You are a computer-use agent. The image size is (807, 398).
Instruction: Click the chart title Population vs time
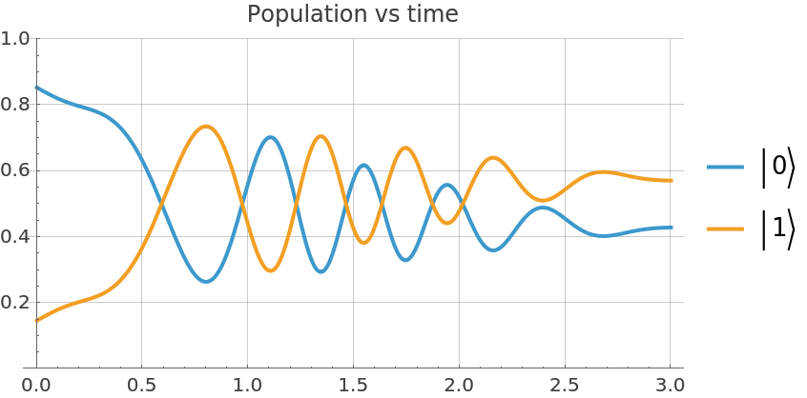[352, 14]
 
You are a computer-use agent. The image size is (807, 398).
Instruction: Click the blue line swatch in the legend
[725, 168]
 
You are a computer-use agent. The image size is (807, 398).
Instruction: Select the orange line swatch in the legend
[725, 229]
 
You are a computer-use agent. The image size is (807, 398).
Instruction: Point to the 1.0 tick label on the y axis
[15, 39]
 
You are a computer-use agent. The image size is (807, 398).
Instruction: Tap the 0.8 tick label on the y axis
[15, 105]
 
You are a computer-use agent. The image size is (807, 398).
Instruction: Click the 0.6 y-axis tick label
[15, 170]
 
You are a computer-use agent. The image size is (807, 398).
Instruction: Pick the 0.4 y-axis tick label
[15, 236]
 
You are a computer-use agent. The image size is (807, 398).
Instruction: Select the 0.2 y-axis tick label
[15, 303]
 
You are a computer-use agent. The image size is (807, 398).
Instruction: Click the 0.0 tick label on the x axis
[36, 385]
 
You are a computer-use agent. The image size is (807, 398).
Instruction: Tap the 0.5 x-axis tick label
[141, 385]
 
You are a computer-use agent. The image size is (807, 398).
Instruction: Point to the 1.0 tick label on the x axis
[247, 385]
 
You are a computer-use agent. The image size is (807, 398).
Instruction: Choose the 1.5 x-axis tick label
[353, 385]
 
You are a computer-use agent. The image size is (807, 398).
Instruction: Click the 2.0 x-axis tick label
[459, 385]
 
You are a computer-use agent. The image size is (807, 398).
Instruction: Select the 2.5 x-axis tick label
[565, 385]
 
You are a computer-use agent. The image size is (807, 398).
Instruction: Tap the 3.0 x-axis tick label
[671, 385]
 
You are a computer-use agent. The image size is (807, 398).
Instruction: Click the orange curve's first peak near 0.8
[206, 126]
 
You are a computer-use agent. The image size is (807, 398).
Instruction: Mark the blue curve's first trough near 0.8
[206, 281]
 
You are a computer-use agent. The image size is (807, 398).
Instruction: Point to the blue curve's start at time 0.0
[36, 87]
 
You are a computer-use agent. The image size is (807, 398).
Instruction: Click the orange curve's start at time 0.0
[36, 321]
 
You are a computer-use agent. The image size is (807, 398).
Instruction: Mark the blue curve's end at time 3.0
[671, 227]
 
